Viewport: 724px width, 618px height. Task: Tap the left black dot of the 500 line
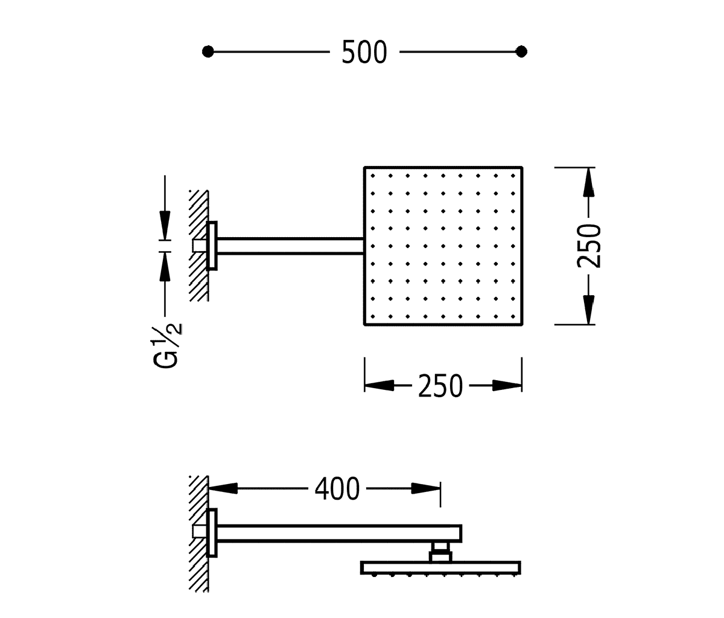tap(208, 52)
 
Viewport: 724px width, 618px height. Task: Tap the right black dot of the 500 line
tap(522, 52)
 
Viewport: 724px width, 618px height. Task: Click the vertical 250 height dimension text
tap(589, 246)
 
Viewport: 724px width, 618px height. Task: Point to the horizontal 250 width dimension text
tap(440, 386)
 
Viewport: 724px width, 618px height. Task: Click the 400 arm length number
tap(337, 488)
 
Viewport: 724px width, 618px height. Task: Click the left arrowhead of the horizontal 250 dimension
tap(378, 385)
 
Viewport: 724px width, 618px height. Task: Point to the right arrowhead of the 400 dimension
tap(427, 488)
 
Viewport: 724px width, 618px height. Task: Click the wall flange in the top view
tap(212, 246)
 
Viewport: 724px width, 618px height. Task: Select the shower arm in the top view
tap(290, 245)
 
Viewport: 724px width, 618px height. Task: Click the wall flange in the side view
tap(212, 532)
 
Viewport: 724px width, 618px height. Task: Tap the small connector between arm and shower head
tap(440, 552)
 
